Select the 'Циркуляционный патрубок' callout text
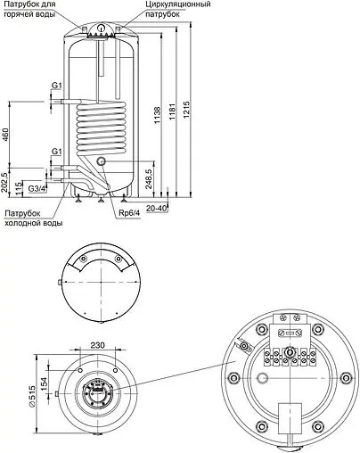[179, 11]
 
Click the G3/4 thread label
[37, 189]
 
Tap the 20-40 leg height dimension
[156, 207]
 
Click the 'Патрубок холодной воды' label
[34, 218]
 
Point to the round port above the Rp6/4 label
[103, 161]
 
